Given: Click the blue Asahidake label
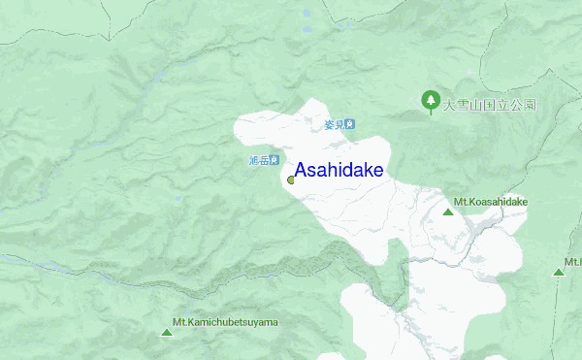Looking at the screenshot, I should pyautogui.click(x=339, y=171).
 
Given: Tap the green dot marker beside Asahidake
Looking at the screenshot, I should pyautogui.click(x=291, y=180).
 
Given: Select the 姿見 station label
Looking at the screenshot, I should pyautogui.click(x=334, y=124).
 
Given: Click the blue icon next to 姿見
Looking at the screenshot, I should pyautogui.click(x=350, y=124).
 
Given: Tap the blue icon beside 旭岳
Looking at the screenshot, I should pyautogui.click(x=275, y=160).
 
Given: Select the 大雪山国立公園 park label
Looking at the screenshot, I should pyautogui.click(x=490, y=104).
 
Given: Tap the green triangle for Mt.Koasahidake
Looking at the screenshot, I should pyautogui.click(x=447, y=212).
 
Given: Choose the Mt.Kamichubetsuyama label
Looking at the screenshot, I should pyautogui.click(x=225, y=322).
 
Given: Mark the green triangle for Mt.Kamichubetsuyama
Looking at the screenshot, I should pyautogui.click(x=167, y=333).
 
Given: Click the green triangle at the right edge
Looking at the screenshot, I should pyautogui.click(x=559, y=272).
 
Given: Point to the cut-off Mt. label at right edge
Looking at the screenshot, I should pyautogui.click(x=573, y=262).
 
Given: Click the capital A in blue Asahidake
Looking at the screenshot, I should pyautogui.click(x=302, y=171).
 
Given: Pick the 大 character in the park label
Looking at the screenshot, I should pyautogui.click(x=448, y=104).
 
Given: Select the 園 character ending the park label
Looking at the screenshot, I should pyautogui.click(x=531, y=104).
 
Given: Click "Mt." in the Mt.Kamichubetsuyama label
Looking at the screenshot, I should pyautogui.click(x=179, y=322).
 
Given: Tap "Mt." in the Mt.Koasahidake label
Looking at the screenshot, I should pyautogui.click(x=461, y=202).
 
